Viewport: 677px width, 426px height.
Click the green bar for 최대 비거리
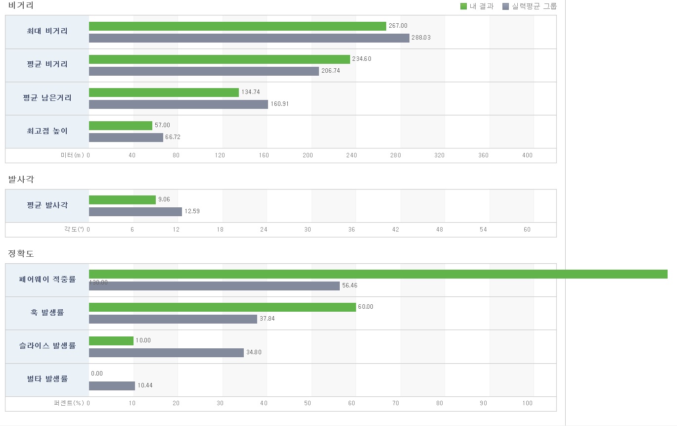237,26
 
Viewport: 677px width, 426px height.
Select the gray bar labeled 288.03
249,38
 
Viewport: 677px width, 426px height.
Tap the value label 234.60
361,59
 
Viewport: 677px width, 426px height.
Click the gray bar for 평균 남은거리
179,104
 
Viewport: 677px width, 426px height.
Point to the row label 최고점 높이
47,131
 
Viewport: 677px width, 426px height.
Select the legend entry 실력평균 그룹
530,6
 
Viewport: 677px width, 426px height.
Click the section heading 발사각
21,179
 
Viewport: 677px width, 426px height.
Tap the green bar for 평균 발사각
122,200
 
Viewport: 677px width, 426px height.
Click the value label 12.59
192,212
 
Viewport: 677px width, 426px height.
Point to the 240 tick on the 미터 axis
351,155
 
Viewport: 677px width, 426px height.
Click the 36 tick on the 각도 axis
352,230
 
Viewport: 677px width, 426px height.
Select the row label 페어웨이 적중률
47,280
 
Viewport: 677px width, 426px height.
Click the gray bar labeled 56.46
214,286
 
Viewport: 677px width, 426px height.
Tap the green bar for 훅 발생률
223,307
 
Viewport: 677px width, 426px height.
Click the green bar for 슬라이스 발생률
111,341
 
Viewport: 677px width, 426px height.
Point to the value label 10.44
145,385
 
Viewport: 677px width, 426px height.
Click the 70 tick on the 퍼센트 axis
396,403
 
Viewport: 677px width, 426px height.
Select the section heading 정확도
21,254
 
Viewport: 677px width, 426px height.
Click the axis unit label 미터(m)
73,155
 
